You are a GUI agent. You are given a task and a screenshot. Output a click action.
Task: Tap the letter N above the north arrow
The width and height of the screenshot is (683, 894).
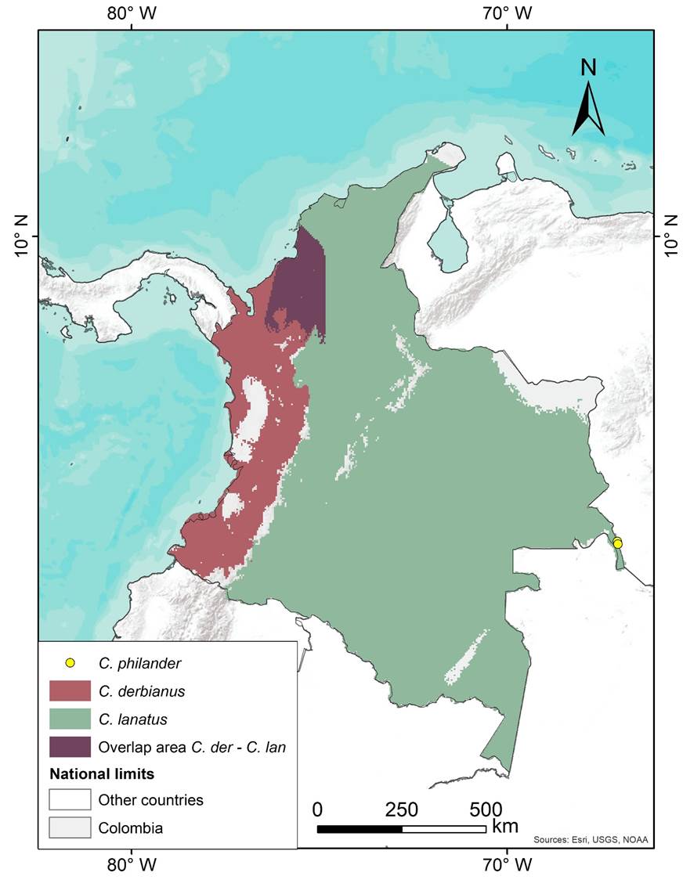(587, 68)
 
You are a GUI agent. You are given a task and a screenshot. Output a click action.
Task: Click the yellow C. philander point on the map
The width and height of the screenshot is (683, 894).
(617, 543)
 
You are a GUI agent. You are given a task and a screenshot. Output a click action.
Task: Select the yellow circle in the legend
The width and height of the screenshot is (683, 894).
(70, 663)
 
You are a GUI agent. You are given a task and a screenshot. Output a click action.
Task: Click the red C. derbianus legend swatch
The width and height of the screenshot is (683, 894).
(70, 691)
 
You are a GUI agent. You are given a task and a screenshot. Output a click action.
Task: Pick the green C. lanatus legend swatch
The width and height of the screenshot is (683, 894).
(70, 719)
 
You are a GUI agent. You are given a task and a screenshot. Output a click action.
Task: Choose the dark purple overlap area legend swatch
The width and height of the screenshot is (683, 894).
(70, 746)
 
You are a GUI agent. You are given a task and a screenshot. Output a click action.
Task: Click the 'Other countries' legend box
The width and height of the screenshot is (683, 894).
(70, 800)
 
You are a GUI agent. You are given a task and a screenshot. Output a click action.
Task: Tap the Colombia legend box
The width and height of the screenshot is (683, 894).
(70, 827)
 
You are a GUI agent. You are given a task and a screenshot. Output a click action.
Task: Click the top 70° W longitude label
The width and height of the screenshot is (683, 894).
(507, 13)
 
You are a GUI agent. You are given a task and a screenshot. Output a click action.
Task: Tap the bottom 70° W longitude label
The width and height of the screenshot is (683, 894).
(507, 865)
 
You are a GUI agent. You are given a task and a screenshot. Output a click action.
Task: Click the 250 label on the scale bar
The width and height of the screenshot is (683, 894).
(401, 809)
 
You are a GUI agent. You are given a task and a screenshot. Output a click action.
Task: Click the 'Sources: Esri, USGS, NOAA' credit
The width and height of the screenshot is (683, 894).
(591, 840)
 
